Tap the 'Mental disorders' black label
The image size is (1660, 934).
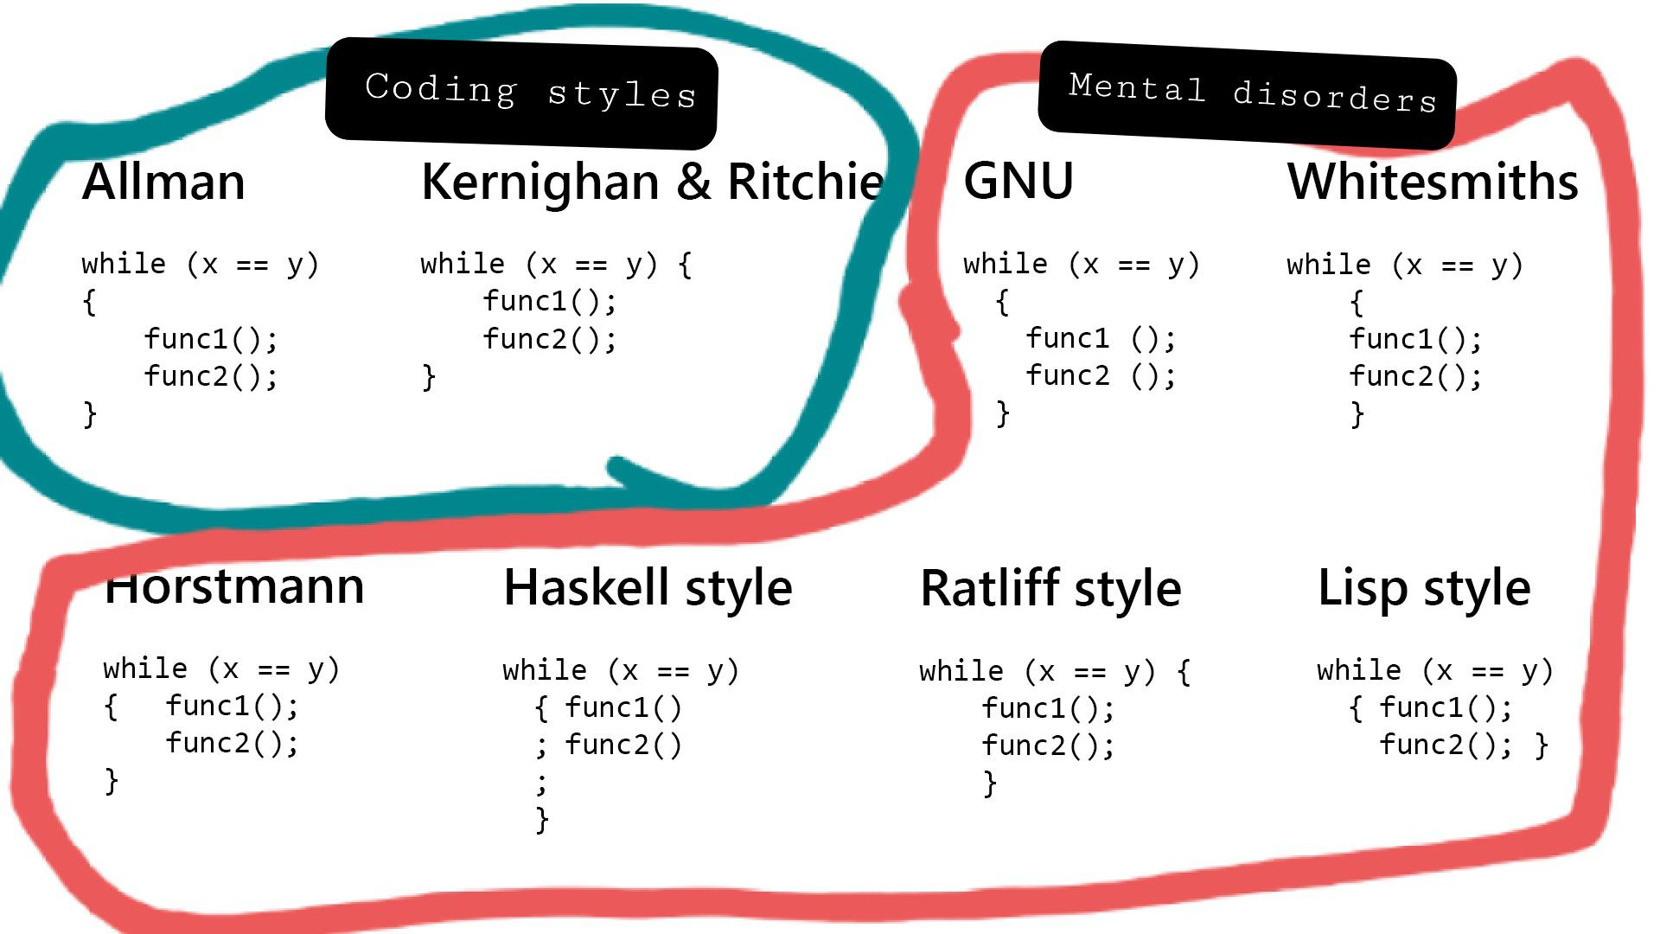click(x=1248, y=94)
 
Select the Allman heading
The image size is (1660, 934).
click(x=163, y=182)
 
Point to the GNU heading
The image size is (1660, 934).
click(x=1018, y=181)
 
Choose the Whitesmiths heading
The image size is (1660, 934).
click(x=1433, y=182)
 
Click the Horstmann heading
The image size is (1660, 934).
click(x=234, y=587)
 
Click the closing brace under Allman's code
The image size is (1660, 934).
click(x=90, y=413)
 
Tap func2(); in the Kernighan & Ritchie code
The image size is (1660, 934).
click(x=550, y=339)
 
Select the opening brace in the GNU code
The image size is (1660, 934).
click(x=1002, y=302)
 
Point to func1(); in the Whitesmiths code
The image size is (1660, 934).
click(x=1415, y=339)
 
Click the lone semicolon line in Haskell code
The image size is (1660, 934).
click(x=541, y=782)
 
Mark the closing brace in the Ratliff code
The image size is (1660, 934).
click(x=990, y=783)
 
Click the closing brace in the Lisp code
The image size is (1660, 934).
click(x=1541, y=745)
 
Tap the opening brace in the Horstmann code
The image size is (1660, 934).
click(x=111, y=707)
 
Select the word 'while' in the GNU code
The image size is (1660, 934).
click(x=1005, y=264)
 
